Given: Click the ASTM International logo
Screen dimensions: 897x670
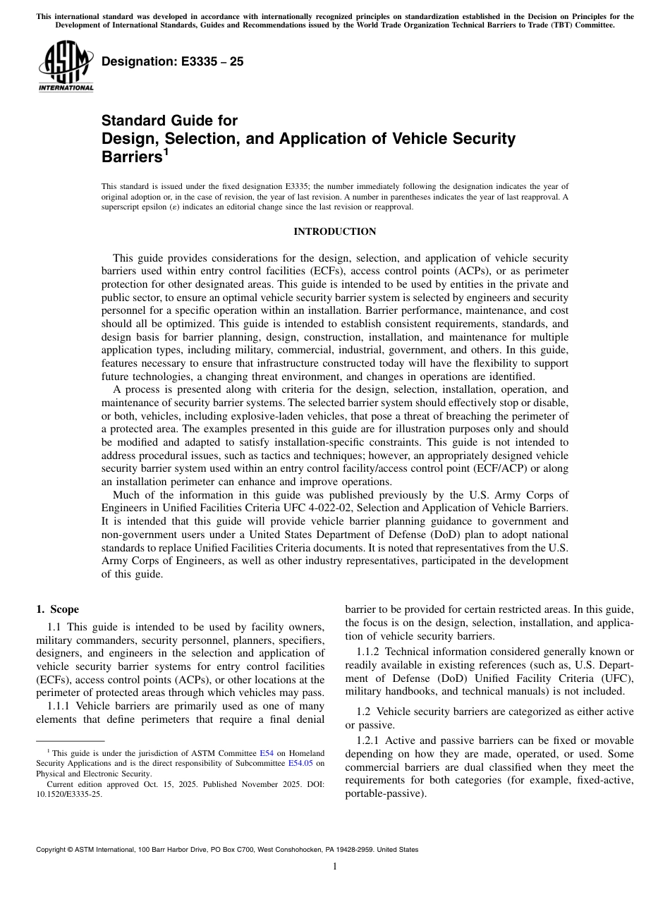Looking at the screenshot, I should (x=65, y=66).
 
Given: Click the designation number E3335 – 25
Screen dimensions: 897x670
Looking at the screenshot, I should (x=172, y=62).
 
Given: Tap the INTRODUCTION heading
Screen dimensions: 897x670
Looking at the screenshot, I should (x=335, y=232).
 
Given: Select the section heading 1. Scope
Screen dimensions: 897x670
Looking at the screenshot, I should (x=57, y=609).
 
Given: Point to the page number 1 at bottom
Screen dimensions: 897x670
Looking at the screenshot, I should (x=335, y=867).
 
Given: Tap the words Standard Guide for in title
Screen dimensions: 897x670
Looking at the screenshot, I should (x=169, y=121).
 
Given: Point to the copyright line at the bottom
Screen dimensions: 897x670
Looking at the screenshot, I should (x=227, y=850).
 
